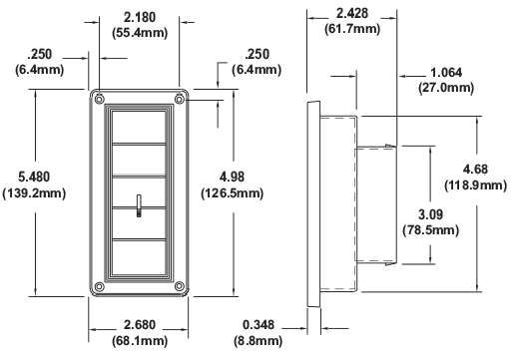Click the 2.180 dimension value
click(139, 18)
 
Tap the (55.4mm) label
click(139, 34)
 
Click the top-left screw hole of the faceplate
click(99, 99)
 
